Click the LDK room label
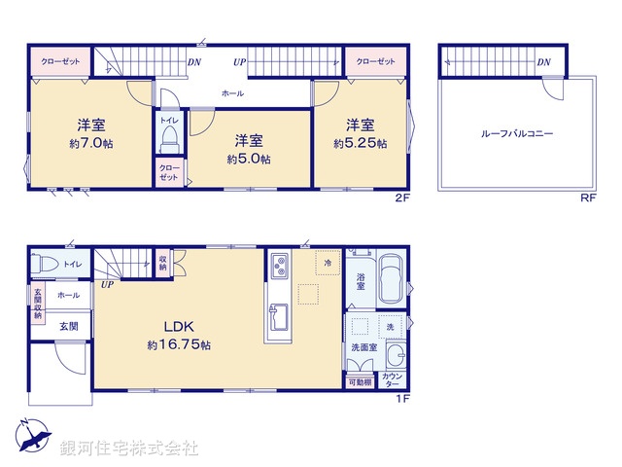point(180,327)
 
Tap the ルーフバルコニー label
point(516,133)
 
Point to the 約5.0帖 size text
point(249,159)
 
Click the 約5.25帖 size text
point(360,143)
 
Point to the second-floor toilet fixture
point(171,135)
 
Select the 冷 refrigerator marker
point(328,264)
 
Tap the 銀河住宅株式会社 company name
point(129,449)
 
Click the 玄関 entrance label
point(68,326)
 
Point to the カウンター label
point(393,379)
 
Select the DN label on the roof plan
point(543,63)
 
